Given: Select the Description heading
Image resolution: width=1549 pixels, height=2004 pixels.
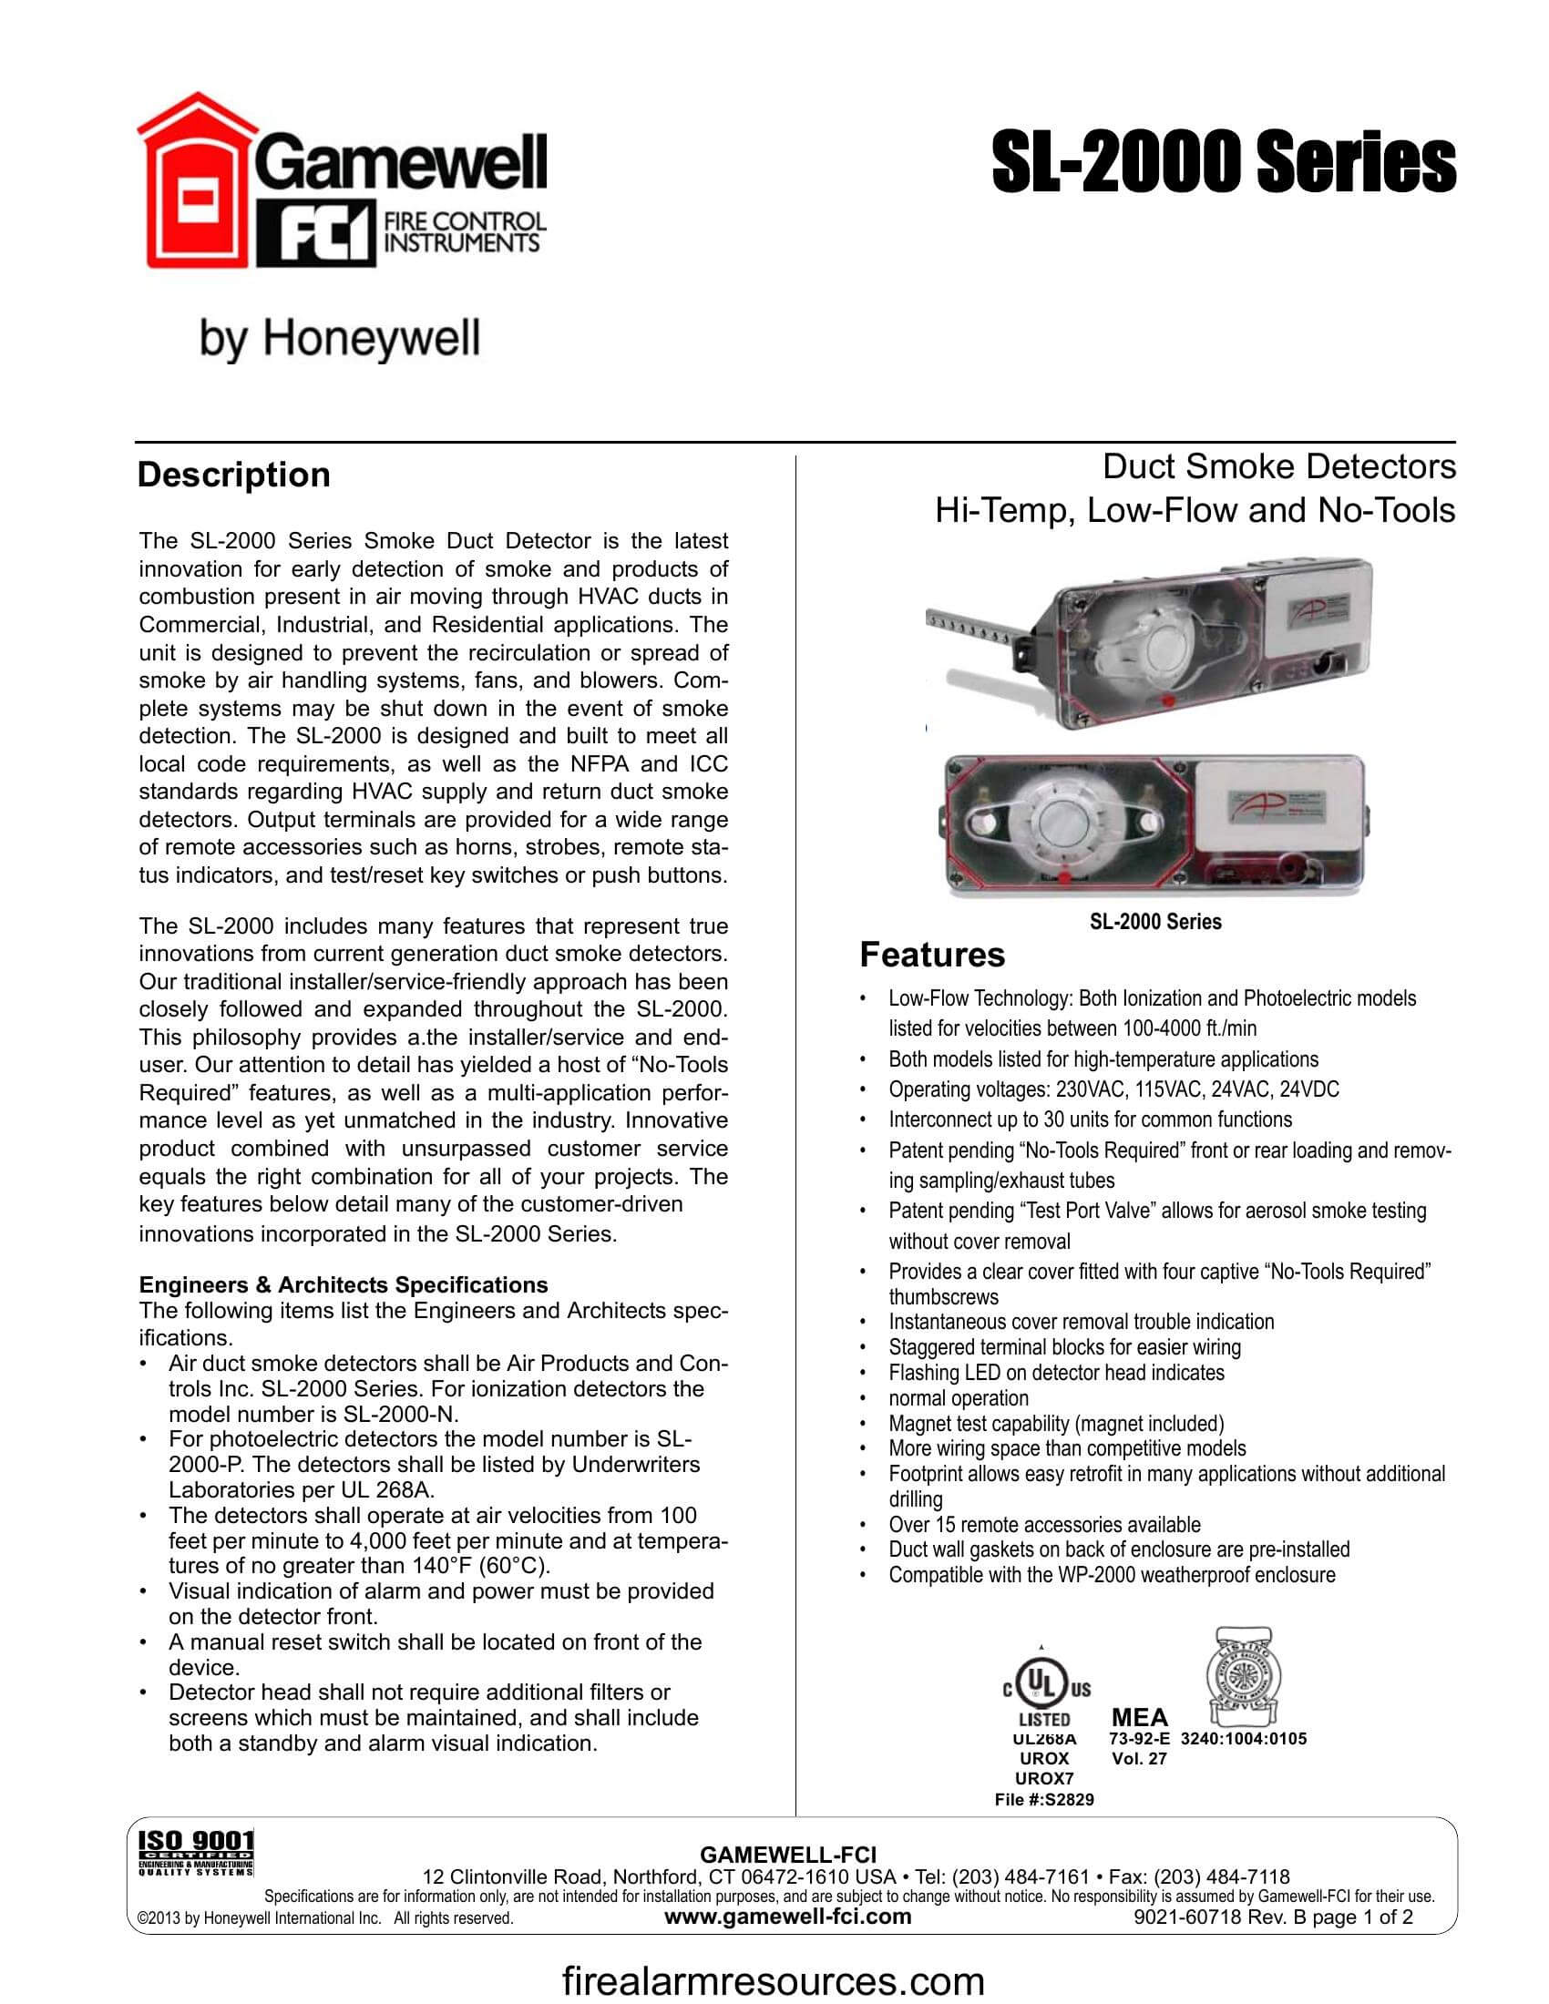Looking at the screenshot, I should [233, 475].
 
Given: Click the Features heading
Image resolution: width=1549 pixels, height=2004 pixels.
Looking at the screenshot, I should [931, 955].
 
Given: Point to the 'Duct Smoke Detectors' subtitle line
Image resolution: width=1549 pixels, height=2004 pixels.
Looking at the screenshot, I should [1278, 466].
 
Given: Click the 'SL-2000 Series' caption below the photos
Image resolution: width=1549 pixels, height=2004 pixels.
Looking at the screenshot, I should [1155, 921].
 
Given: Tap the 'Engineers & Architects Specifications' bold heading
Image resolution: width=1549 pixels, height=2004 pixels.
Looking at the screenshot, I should [344, 1284].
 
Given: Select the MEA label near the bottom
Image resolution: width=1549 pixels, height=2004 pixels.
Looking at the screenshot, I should [1140, 1717].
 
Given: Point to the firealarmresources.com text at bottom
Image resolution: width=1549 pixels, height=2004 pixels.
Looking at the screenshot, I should [773, 1981].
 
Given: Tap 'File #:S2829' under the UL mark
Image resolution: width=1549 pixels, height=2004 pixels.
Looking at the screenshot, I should [1044, 1799].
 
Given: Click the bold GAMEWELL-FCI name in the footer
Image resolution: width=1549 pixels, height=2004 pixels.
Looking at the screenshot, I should [788, 1856].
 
